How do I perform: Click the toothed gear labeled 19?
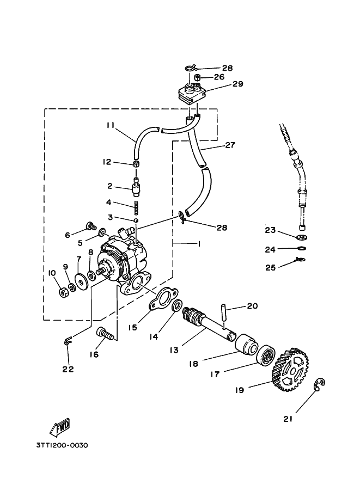tap(290, 370)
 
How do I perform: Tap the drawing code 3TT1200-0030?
tap(62, 445)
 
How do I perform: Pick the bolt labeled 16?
tap(105, 334)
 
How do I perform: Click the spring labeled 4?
tap(136, 207)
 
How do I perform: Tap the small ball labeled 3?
tap(136, 220)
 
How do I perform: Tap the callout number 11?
tap(111, 125)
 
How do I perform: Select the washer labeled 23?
tap(302, 237)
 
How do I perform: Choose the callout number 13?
tap(174, 349)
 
